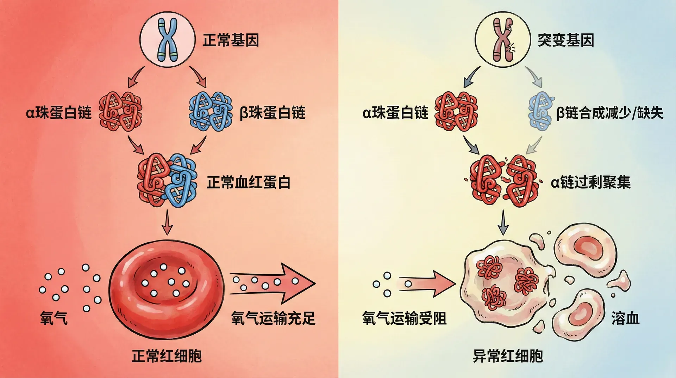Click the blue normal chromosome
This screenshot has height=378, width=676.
coord(167,39)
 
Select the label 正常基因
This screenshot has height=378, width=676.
coord(231,40)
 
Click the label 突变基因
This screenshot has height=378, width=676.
coord(565,40)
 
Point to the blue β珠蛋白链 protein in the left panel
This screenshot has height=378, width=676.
coord(211,112)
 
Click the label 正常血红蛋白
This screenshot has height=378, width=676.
coord(248,182)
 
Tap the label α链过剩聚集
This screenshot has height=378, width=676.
coord(590,182)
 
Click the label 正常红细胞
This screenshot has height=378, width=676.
coord(167,356)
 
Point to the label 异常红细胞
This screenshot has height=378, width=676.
coord(508,356)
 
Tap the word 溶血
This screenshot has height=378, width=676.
coord(625,318)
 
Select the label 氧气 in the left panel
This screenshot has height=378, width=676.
coord(54,318)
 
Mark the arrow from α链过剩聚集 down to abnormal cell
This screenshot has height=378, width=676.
coord(503,222)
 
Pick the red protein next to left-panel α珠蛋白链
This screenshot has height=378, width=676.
coord(121,112)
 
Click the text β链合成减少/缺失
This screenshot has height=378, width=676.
coord(609,113)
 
